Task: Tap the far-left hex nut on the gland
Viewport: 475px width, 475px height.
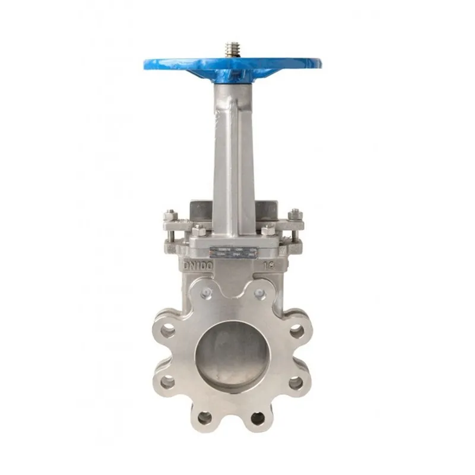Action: click(170, 214)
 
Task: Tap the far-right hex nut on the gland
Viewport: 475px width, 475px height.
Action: click(293, 214)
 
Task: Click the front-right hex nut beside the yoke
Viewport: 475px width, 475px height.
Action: click(268, 229)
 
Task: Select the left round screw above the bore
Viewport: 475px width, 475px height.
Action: click(207, 293)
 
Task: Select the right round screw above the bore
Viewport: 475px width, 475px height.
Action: click(259, 293)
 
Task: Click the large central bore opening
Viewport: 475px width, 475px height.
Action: click(232, 356)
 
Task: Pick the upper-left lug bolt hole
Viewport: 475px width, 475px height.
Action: click(167, 331)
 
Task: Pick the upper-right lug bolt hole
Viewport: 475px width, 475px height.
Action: click(296, 331)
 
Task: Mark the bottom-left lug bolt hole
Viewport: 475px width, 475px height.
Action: click(205, 417)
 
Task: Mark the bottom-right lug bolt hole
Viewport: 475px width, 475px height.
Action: click(258, 417)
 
